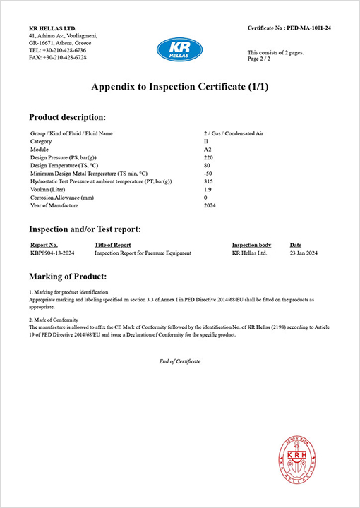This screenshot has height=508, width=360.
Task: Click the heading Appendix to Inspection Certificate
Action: tap(179, 87)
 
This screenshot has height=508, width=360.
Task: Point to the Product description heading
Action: tap(68, 116)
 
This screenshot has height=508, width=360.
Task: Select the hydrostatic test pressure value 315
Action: tap(208, 181)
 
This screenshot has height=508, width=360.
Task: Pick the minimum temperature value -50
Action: tap(208, 174)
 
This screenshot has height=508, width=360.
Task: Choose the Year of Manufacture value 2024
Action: tap(210, 205)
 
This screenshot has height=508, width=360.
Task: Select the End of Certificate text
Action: tap(180, 361)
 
